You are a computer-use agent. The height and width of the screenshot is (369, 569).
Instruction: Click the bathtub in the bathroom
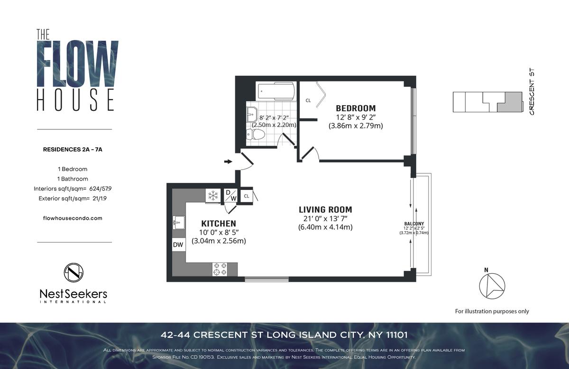click(276, 91)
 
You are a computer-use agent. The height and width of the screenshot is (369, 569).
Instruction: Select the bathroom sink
click(252, 115)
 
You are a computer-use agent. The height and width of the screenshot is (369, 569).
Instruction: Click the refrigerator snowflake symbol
click(213, 196)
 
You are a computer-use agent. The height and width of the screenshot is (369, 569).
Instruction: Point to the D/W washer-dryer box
click(231, 196)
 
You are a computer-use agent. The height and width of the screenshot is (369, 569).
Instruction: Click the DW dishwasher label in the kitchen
click(178, 244)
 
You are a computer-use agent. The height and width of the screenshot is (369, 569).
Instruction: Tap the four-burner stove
click(220, 269)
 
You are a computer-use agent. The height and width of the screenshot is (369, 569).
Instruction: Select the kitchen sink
click(179, 223)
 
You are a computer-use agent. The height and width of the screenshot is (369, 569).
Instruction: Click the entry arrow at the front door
click(228, 162)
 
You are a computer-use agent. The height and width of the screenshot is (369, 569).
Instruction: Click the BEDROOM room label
click(356, 108)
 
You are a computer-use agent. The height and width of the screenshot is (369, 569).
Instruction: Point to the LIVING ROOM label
click(325, 210)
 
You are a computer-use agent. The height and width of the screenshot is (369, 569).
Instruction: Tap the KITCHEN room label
click(219, 224)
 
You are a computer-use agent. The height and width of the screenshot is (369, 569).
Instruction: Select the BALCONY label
click(414, 224)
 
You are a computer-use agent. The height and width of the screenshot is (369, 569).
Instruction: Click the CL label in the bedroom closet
click(308, 100)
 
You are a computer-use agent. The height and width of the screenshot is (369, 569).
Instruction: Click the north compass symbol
click(492, 286)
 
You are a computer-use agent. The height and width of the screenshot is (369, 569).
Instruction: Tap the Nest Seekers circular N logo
click(73, 272)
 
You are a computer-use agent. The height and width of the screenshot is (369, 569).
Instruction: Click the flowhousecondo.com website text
click(73, 218)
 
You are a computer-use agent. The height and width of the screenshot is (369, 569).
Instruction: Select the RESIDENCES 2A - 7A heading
click(73, 150)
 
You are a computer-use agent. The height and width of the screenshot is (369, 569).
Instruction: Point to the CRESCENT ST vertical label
click(532, 91)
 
